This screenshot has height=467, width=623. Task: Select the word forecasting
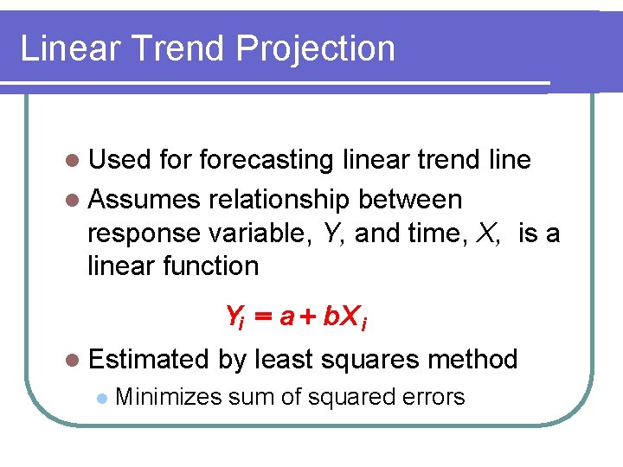point(267,161)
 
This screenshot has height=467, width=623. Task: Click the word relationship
point(279,200)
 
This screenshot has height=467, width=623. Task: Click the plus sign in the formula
point(307,317)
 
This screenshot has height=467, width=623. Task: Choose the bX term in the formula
point(340,317)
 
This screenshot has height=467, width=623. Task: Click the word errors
point(434,397)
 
